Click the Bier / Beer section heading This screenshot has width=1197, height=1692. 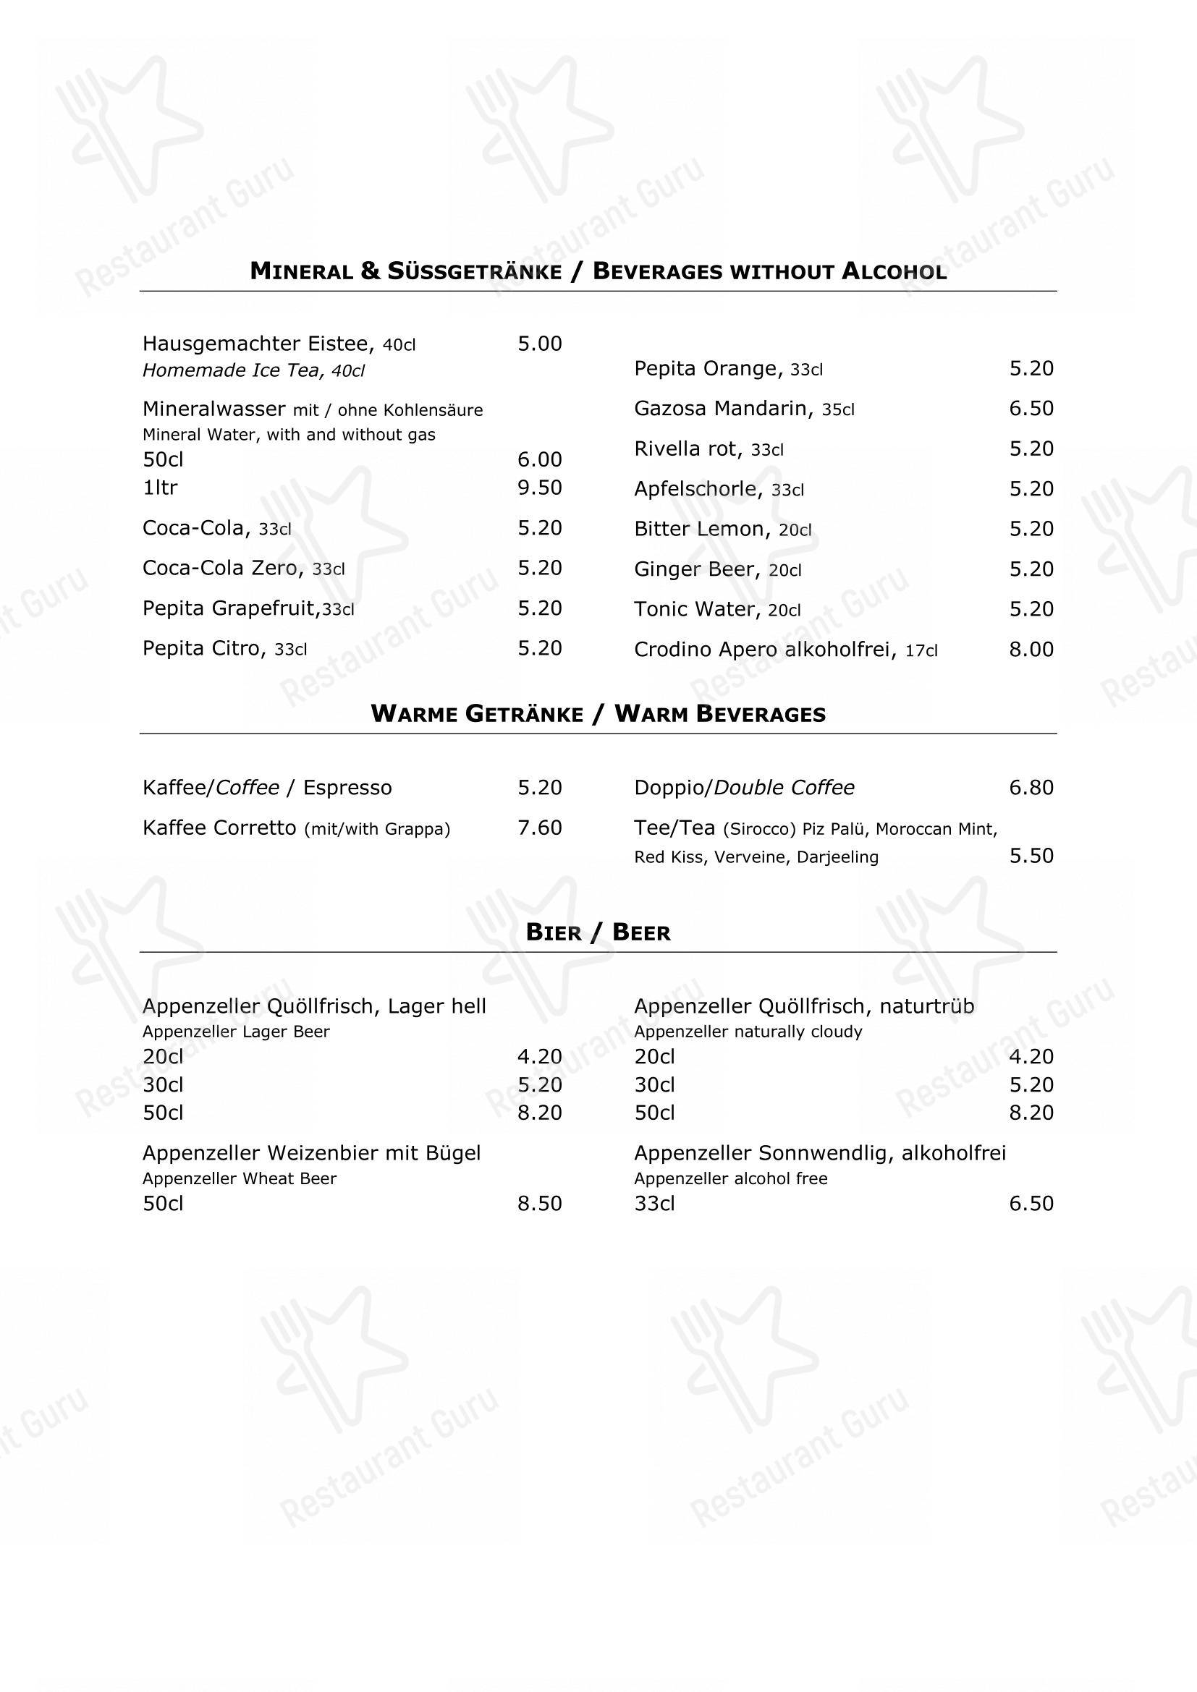tap(598, 932)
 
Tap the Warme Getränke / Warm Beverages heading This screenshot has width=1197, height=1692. tap(598, 713)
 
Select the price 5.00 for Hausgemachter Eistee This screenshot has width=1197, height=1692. tap(540, 344)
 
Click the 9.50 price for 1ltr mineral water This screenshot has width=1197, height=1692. tap(540, 487)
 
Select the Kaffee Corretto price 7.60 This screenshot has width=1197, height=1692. tap(540, 828)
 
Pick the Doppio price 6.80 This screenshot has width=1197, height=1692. tap(1031, 787)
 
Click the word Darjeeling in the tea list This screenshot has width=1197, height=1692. tap(837, 857)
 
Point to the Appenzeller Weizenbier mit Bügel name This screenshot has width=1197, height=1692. tap(311, 1152)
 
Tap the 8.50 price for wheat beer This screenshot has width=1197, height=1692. tap(540, 1204)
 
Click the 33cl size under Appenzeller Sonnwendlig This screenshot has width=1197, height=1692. tap(654, 1204)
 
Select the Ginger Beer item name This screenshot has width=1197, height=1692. tap(695, 569)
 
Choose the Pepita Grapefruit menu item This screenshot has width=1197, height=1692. tap(231, 608)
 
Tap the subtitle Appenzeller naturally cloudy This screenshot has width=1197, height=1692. tap(748, 1031)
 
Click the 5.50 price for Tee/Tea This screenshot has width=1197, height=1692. tap(1031, 856)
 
